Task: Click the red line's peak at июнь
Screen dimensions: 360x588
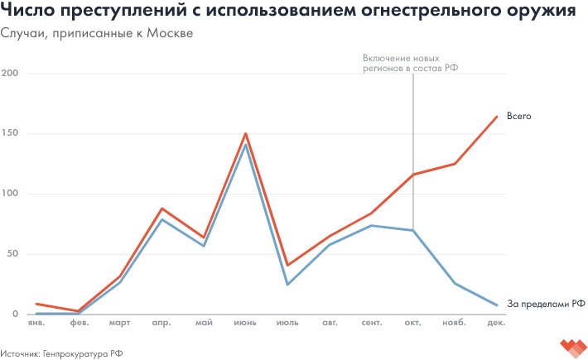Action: (246, 133)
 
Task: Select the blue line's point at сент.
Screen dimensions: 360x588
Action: (371, 225)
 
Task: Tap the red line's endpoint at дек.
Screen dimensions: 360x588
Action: (497, 117)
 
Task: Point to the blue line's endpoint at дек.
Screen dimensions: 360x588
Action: (497, 305)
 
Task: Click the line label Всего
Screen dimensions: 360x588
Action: (518, 117)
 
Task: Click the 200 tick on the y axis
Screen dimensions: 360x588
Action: (10, 74)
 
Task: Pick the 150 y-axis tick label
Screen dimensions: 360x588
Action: (10, 134)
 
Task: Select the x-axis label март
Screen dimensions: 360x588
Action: (120, 324)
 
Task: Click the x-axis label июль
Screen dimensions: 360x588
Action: (287, 324)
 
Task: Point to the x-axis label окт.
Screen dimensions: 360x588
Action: (412, 324)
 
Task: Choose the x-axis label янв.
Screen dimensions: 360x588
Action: (36, 324)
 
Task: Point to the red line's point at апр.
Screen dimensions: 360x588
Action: (162, 209)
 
